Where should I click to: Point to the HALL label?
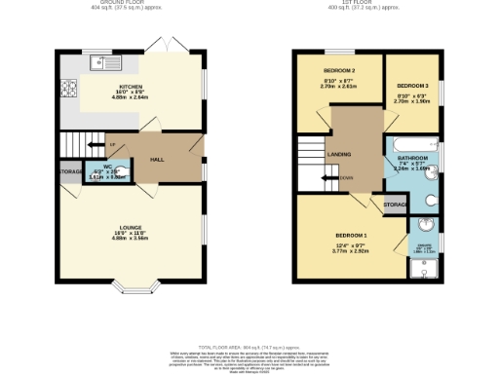[x=156, y=159]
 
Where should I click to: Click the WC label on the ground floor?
[x=108, y=167]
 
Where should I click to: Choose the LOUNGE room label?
[x=130, y=227]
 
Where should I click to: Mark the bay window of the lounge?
[x=130, y=286]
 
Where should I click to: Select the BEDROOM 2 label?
[x=338, y=71]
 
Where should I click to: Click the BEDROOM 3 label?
[x=413, y=87]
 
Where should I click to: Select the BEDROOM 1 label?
[x=351, y=236]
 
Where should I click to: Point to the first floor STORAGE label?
[x=395, y=205]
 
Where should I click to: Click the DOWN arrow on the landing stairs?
[x=345, y=178]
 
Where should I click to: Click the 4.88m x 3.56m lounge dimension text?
[x=130, y=239]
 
